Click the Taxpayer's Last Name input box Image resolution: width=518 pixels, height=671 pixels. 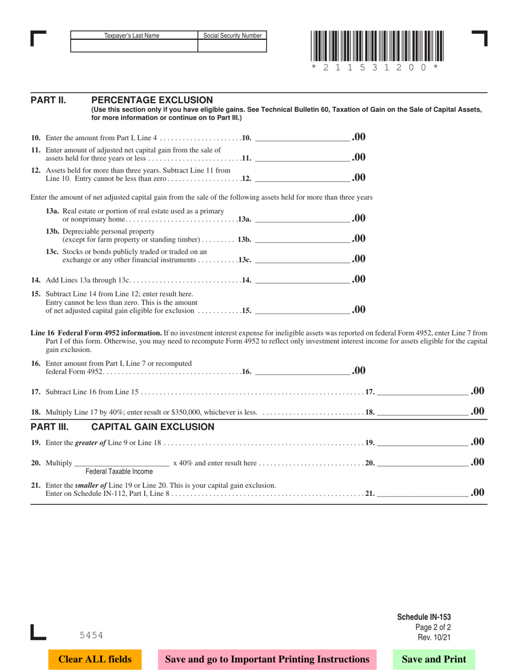pyautogui.click(x=134, y=46)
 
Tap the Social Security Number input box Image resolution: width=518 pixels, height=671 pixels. pyautogui.click(x=232, y=46)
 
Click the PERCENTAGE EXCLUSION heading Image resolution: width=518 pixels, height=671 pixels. pyautogui.click(x=152, y=100)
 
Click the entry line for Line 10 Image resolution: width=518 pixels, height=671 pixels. pyautogui.click(x=303, y=137)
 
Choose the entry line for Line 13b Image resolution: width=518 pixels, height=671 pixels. pyautogui.click(x=303, y=239)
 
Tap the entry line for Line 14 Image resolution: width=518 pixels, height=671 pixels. pyautogui.click(x=303, y=280)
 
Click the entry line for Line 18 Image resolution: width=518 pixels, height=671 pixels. pyautogui.click(x=423, y=412)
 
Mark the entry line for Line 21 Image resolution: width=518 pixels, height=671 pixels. pyautogui.click(x=423, y=494)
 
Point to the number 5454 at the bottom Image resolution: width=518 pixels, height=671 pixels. pyautogui.click(x=91, y=635)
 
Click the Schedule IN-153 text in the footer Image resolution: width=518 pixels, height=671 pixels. pyautogui.click(x=424, y=617)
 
